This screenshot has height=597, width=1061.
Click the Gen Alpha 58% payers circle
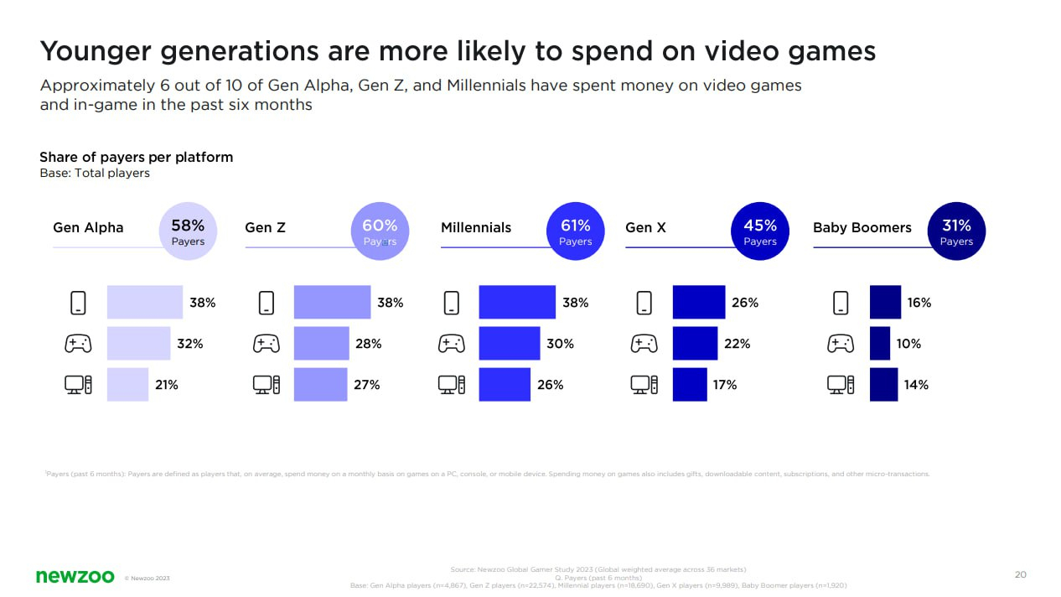188,231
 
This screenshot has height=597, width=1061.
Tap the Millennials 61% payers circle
575,231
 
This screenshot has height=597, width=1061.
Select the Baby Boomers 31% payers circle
956,231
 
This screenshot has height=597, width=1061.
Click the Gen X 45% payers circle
760,231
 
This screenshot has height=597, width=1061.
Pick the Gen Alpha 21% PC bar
127,385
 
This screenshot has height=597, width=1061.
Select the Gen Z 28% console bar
321,344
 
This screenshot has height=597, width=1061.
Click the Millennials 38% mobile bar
516,303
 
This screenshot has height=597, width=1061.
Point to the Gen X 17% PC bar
690,385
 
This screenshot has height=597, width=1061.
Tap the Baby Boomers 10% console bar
879,344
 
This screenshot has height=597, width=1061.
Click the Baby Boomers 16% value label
919,303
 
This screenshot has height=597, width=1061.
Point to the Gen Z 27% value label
367,385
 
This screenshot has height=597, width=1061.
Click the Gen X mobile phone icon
644,303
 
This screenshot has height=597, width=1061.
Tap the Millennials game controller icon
451,344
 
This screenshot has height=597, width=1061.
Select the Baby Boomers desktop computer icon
841,385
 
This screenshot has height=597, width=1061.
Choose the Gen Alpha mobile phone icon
78,303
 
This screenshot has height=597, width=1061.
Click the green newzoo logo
75,576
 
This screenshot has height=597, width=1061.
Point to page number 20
1020,574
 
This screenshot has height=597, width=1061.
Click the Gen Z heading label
265,227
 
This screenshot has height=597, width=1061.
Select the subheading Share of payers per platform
136,157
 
